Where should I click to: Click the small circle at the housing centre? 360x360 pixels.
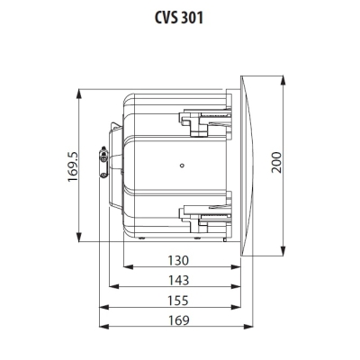(183, 166)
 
